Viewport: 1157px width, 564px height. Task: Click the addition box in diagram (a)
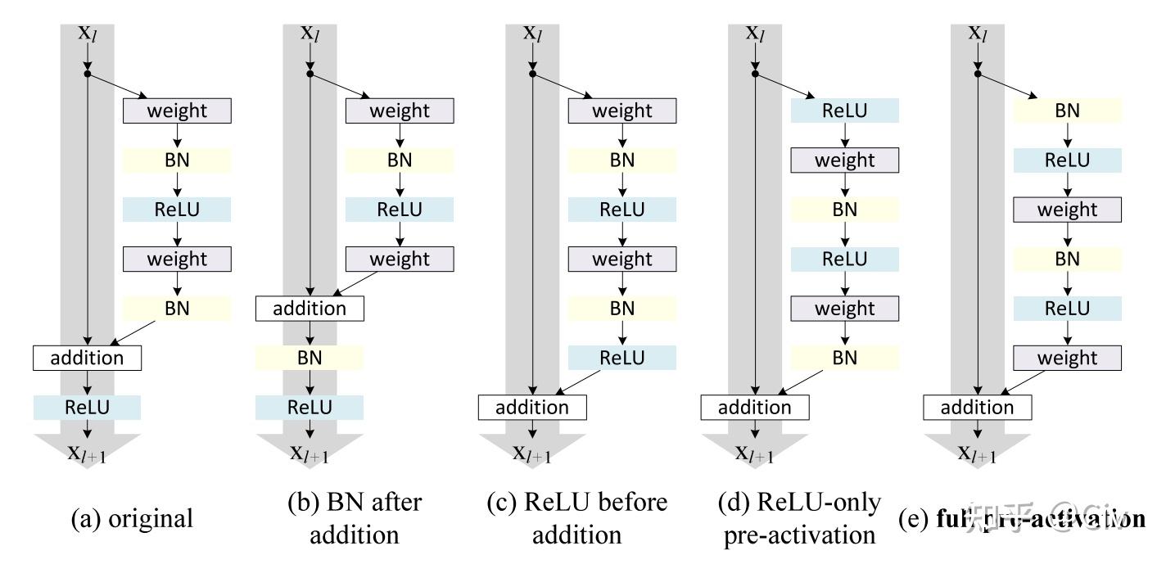[88, 358]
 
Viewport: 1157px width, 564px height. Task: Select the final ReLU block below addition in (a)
[88, 407]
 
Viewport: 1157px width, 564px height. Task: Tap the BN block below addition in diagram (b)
[309, 358]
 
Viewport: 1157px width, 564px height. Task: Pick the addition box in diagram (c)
[533, 407]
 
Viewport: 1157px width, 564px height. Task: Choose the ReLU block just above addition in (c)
[622, 358]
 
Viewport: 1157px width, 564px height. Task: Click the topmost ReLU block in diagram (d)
[844, 111]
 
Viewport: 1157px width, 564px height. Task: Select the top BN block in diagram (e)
[1067, 111]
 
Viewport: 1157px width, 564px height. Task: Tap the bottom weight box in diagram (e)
[1067, 358]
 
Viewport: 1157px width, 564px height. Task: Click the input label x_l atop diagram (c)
[533, 34]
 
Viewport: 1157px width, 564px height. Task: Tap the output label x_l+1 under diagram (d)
[754, 453]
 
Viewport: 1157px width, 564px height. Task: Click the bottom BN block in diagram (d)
[844, 358]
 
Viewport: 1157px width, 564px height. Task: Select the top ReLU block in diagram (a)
[177, 209]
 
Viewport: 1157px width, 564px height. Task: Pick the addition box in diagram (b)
[309, 309]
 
